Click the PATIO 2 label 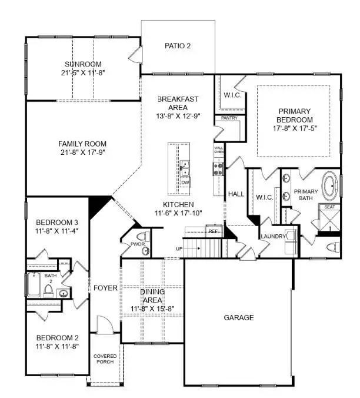coord(177,45)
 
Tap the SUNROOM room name coord(83,64)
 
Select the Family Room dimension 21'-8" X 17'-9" coord(82,153)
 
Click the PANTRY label coord(229,118)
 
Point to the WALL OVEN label coord(218,150)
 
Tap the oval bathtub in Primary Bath coord(329,183)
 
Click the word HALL coord(236,194)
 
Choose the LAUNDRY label coord(274,236)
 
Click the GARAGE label coord(239,317)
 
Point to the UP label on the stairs coord(179,248)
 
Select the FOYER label coord(105,288)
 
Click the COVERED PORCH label coord(105,360)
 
